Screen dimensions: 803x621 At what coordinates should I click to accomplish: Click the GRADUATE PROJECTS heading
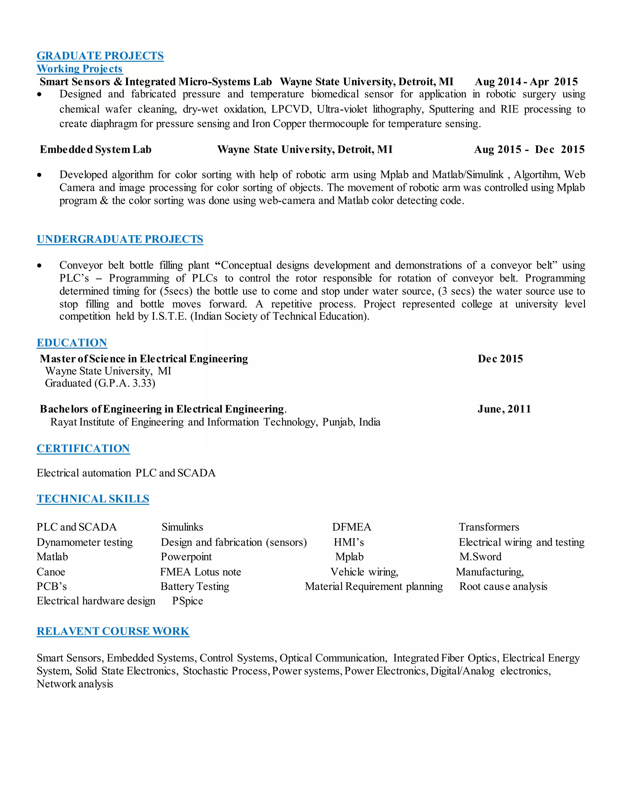pos(100,56)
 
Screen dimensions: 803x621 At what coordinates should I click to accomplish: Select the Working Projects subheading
pos(79,69)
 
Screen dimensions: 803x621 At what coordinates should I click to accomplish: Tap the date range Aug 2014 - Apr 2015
pos(526,82)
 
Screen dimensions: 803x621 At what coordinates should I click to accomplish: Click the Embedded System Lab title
pos(96,150)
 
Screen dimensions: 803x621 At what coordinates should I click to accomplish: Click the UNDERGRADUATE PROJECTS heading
pos(120,239)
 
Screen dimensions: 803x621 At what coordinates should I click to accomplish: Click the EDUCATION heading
pos(72,343)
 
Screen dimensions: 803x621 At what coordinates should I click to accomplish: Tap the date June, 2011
pos(504,409)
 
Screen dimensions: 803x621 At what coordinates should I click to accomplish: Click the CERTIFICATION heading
pos(83,448)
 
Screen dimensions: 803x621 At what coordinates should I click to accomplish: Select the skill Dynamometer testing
pos(85,542)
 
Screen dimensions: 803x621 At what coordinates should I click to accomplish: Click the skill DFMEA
pos(352,527)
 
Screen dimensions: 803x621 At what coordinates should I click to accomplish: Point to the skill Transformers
pos(489,527)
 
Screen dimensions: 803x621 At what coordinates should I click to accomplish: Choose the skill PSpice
pos(188,601)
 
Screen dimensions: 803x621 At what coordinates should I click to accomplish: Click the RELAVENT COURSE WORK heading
pos(113,631)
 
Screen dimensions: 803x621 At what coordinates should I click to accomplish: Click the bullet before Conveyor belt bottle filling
pos(39,266)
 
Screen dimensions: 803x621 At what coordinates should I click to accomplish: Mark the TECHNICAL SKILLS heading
pos(93,499)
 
